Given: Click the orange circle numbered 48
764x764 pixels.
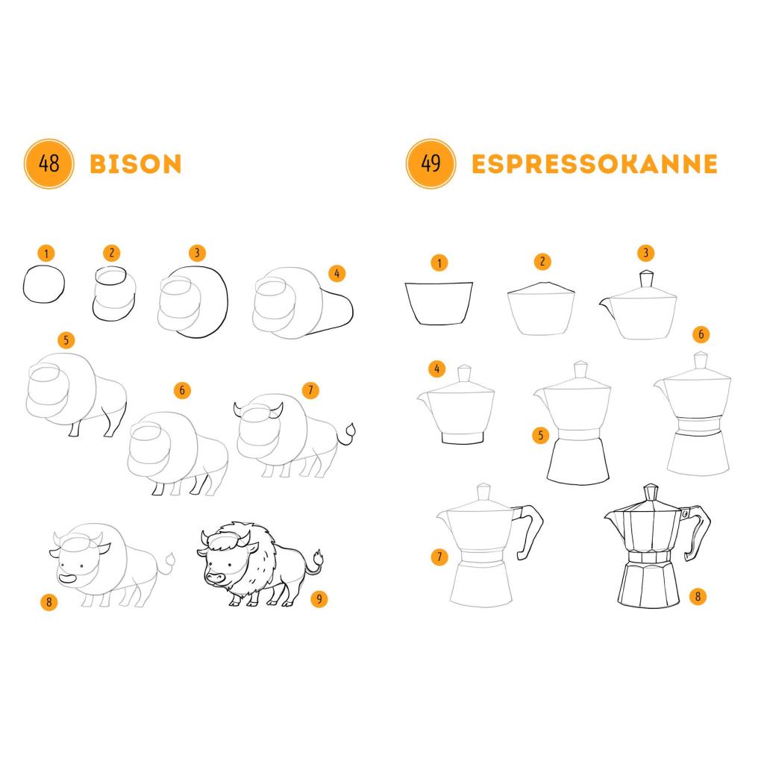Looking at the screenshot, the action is tap(48, 163).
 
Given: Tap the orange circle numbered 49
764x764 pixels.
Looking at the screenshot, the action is tap(430, 163).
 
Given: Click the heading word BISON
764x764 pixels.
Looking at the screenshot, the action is tap(136, 164).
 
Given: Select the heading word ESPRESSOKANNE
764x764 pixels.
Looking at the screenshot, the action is tap(595, 164).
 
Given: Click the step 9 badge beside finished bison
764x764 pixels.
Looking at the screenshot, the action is tap(319, 598).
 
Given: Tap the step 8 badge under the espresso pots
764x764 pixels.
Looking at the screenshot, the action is tap(698, 596).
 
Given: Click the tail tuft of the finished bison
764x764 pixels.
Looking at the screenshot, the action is tap(319, 558).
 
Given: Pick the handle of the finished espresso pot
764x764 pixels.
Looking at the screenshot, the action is tap(698, 531).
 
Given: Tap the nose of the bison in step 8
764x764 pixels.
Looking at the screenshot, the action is tap(67, 579).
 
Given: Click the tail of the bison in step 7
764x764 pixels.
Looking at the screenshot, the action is tap(348, 433).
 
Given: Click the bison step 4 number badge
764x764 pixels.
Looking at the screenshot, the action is tap(336, 273).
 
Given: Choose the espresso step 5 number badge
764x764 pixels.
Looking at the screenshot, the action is tap(540, 435).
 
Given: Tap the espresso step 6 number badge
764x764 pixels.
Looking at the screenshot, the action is tap(701, 334).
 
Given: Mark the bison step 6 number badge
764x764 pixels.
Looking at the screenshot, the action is tap(182, 389).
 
